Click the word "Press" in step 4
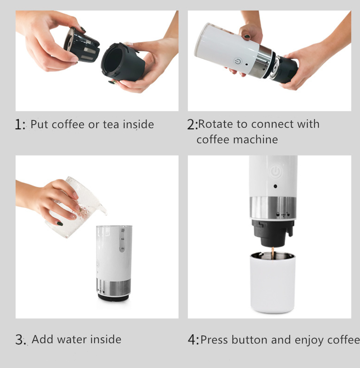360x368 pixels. coord(214,340)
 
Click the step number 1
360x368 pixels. coord(18,124)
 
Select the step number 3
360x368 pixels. coord(19,340)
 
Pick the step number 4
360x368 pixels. coord(192,340)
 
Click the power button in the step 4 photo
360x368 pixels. coord(275,171)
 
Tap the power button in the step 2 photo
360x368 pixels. coord(237,61)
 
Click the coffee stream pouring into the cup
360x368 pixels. coord(272,253)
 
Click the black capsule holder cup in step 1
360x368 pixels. coord(123,62)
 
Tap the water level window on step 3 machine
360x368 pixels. coord(122,239)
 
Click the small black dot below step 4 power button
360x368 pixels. coord(275,186)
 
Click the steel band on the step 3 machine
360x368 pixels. coord(114,286)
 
